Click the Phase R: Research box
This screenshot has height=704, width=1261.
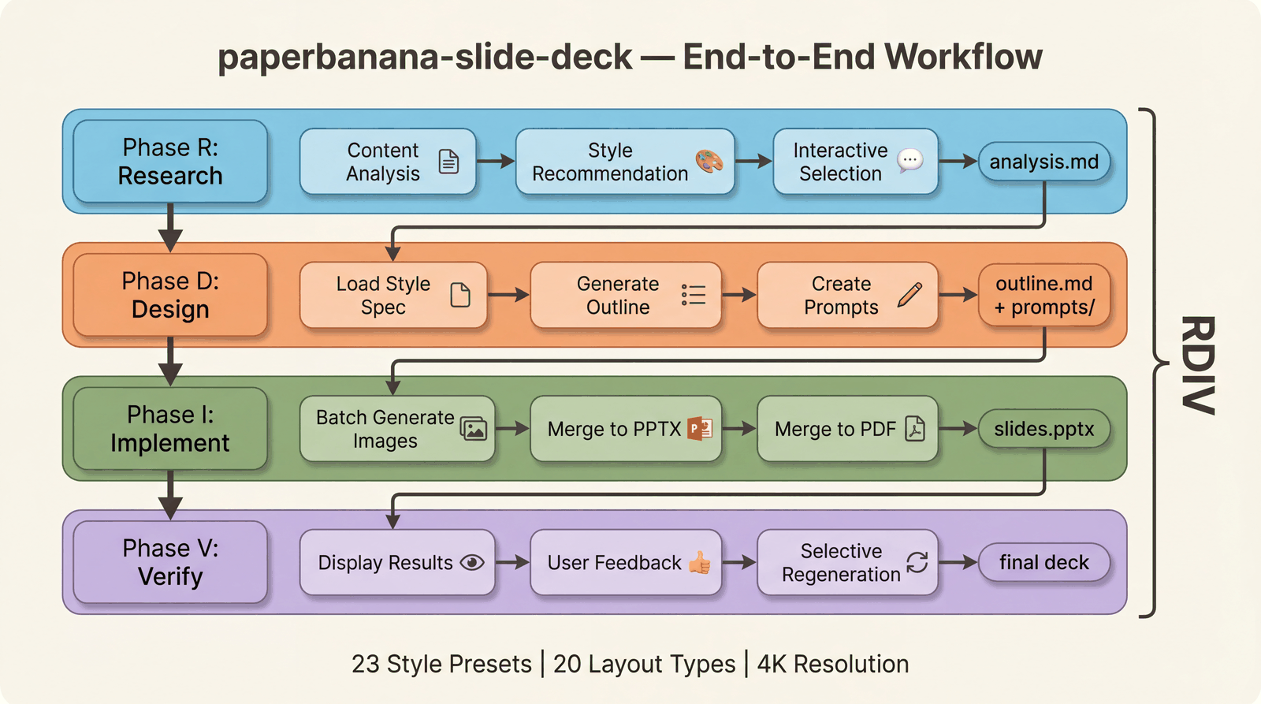click(170, 162)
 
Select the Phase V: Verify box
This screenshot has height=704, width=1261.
click(170, 562)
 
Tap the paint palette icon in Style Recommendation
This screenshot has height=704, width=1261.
click(709, 161)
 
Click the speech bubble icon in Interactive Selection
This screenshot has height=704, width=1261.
click(910, 160)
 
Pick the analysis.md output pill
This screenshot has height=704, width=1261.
click(1043, 162)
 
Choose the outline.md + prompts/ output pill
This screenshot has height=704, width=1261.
click(1043, 295)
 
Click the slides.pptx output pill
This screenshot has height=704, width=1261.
click(1043, 429)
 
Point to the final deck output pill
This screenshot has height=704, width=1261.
click(1043, 562)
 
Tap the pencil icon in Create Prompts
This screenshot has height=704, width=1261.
click(909, 294)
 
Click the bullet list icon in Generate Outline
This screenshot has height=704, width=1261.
click(694, 295)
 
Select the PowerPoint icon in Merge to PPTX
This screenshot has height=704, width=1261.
click(700, 428)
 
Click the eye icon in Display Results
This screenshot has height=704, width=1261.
click(472, 562)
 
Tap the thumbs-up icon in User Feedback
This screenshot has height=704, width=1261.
click(700, 562)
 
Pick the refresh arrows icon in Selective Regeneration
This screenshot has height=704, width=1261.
click(917, 562)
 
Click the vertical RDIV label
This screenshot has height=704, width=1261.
click(1197, 365)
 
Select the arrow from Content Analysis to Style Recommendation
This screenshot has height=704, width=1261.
click(495, 162)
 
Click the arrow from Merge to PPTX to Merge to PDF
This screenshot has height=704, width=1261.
click(738, 429)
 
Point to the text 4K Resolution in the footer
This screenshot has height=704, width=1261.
click(833, 664)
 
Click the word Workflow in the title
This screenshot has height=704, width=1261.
click(963, 57)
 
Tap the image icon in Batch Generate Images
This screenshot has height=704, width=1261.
click(474, 428)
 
